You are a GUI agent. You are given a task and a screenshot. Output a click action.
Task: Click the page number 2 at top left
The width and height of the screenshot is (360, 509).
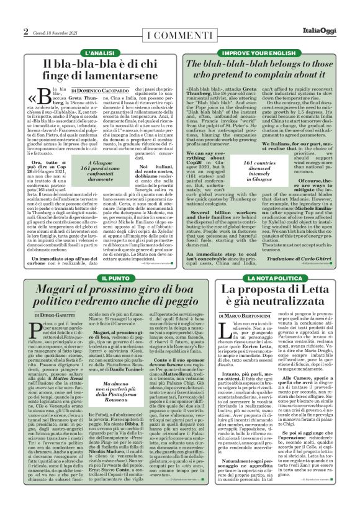click(x=25, y=30)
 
